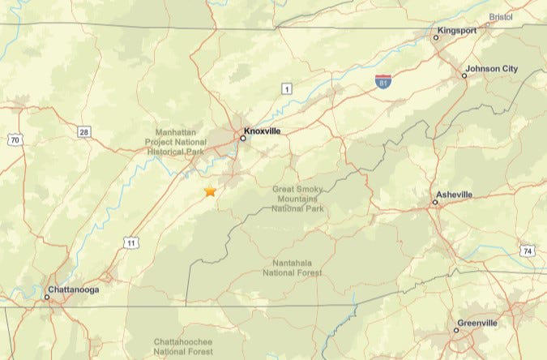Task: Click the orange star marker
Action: (x=211, y=191)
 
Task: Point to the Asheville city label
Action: (x=454, y=195)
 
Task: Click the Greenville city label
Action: (x=477, y=323)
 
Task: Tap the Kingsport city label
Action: (x=456, y=30)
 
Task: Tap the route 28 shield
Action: (x=84, y=131)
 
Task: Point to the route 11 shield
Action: (x=130, y=242)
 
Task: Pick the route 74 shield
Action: (x=528, y=251)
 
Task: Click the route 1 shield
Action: (x=286, y=88)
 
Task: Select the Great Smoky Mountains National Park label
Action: (x=297, y=199)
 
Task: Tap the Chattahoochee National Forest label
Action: (x=183, y=347)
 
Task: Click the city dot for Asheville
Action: (x=435, y=203)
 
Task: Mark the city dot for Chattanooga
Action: (x=47, y=297)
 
